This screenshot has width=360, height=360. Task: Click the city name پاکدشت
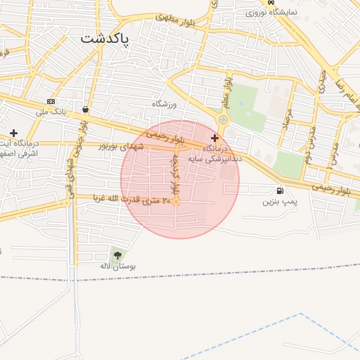[105, 39]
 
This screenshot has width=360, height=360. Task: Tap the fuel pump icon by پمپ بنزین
[281, 190]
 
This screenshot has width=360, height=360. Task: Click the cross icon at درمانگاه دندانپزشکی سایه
[214, 139]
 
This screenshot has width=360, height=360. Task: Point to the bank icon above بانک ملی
[51, 102]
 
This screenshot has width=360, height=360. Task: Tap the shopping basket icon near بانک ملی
[85, 109]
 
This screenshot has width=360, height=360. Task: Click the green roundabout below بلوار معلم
[223, 120]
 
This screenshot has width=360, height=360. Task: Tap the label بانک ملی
[50, 112]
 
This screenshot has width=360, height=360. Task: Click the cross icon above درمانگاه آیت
[13, 132]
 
